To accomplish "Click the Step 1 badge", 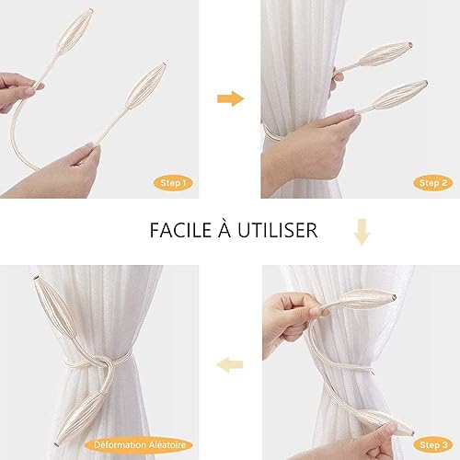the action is click(x=173, y=183).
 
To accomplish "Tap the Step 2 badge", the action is click(x=433, y=183).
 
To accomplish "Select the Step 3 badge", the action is click(x=433, y=444).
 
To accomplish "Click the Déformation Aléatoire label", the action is click(x=140, y=444).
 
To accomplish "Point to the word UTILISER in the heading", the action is click(x=278, y=230).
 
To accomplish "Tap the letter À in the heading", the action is click(x=224, y=228).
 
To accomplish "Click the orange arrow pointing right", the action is click(x=231, y=98).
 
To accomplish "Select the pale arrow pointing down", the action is click(x=362, y=232).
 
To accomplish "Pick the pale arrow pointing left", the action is click(x=230, y=364).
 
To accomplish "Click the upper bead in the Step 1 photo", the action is click(x=75, y=30).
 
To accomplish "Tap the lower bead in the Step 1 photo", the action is click(x=146, y=86).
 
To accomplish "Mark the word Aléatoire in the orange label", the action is click(x=167, y=444).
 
